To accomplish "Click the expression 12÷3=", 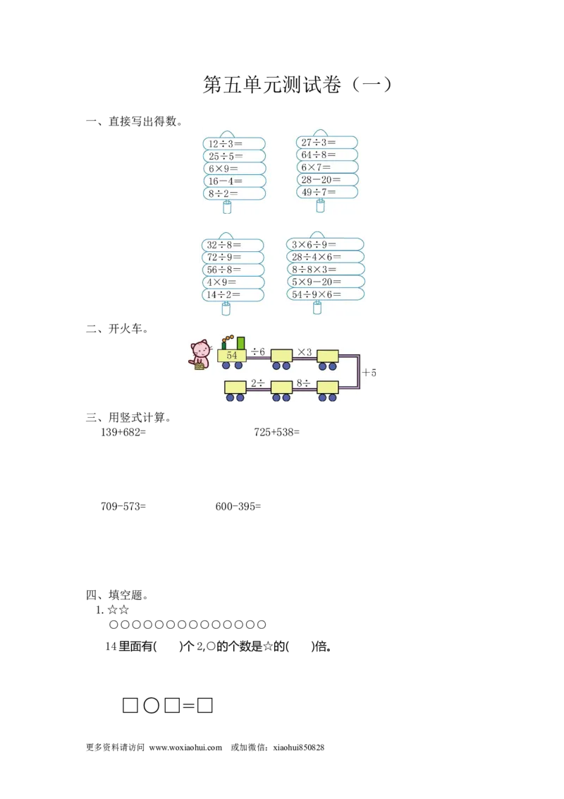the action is pos(225,144).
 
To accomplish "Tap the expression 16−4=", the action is pos(225,181).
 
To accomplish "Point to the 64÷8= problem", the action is pos(319,155).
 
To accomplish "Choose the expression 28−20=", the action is pos(321,180).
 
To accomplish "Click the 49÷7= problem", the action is pos(319,193).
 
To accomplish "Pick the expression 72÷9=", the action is pos(224,258).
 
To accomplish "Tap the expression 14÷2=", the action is pos(223,295).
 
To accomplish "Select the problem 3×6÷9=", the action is pos(314,245).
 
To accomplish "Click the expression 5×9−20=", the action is pos(317,282).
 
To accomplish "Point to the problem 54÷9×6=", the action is pos(317,295).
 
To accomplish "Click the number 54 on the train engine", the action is pos(232,356).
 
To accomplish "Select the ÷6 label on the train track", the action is pos(258,352).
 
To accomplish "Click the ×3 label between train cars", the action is pos(305,352).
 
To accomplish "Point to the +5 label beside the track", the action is pos(370,372).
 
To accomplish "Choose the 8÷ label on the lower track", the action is pos(303,383).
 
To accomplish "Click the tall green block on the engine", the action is pos(241,343).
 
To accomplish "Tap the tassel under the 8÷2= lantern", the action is pos(227,207).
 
